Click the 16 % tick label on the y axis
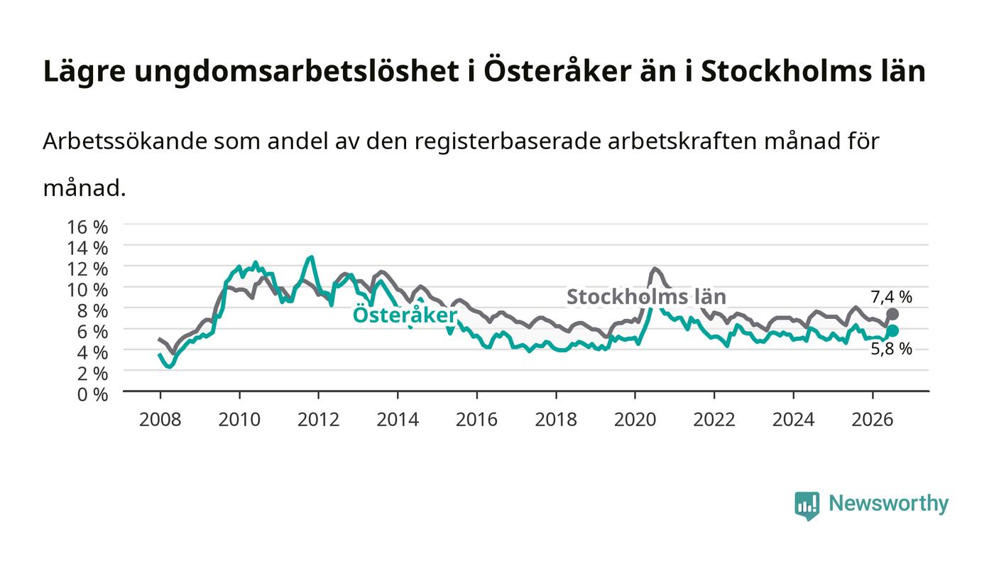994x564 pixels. tap(87, 227)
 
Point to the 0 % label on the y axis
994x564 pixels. tap(92, 394)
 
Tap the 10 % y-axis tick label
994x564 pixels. tap(87, 290)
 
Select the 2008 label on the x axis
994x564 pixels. tap(160, 420)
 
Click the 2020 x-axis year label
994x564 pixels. tap(635, 420)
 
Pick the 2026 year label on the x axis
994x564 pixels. tap(873, 420)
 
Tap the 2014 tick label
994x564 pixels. tap(398, 420)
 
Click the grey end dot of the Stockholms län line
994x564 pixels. tap(892, 314)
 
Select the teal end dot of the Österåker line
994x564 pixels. tap(892, 331)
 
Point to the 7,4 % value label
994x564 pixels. tap(892, 297)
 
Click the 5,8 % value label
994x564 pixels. tap(892, 349)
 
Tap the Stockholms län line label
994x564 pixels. tap(647, 297)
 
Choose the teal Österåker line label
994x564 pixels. tap(405, 315)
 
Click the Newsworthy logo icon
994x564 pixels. tap(807, 506)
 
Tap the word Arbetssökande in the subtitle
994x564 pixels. tap(125, 141)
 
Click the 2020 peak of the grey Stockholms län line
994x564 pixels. tap(654, 269)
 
